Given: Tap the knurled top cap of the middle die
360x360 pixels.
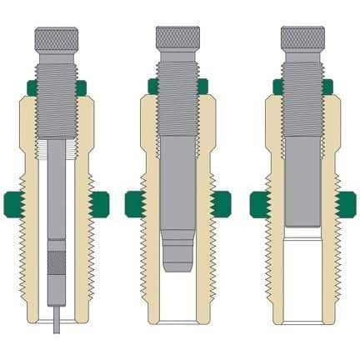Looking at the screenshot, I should pos(177,37).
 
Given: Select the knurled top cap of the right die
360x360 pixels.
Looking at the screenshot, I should pos(302,37).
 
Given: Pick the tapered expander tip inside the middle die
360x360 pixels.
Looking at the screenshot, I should pos(176,255).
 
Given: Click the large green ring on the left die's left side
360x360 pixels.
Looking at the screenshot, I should pos(13,202).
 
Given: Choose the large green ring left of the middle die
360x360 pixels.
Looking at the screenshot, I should pos(135,202).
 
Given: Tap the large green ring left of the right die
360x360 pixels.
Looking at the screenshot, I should pos(260,202).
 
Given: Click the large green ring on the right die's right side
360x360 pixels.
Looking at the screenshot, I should pos(344,202).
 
